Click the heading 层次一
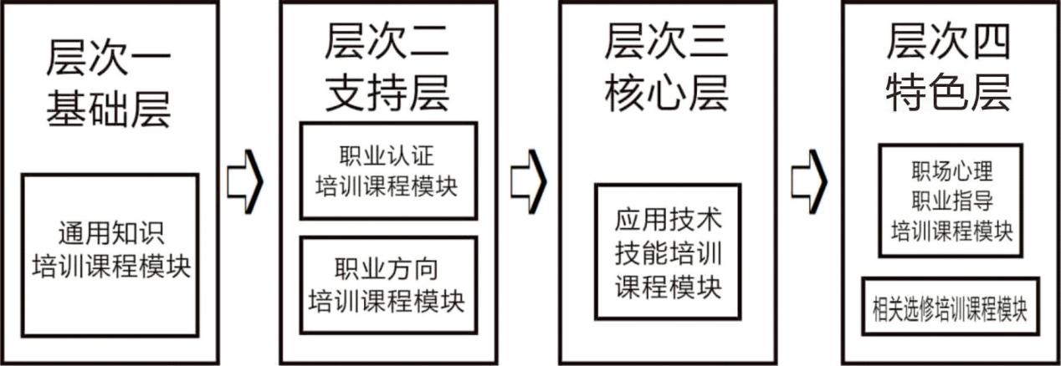click(109, 62)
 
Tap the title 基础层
click(109, 109)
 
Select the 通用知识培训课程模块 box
click(110, 254)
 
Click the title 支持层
click(387, 92)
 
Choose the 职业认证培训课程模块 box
click(387, 170)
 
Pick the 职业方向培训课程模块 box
click(387, 285)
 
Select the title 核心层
click(667, 92)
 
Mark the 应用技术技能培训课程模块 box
click(668, 252)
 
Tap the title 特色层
click(949, 92)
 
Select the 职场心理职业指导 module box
click(950, 201)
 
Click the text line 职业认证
click(387, 155)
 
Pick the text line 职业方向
click(387, 270)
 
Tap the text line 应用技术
click(668, 221)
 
